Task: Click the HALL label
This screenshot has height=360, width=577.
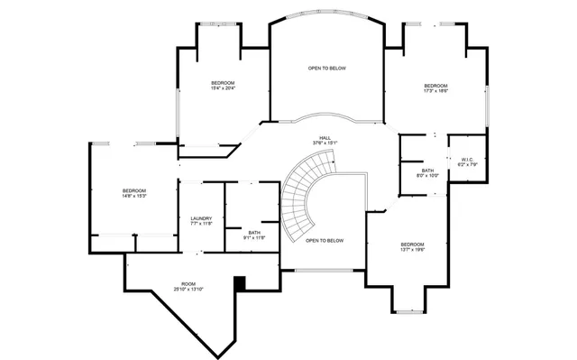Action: [325, 137]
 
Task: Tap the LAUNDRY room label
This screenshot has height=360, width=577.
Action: [201, 218]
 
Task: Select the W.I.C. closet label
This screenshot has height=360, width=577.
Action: [466, 160]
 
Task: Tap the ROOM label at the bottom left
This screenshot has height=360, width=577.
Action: [188, 283]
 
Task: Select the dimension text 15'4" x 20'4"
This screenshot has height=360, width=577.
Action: [224, 88]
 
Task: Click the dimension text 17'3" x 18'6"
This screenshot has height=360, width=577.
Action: [436, 90]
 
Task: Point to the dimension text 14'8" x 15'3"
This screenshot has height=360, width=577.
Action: [134, 196]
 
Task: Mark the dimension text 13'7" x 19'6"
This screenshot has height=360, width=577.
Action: [413, 251]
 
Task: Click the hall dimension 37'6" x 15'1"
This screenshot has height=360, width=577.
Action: [325, 143]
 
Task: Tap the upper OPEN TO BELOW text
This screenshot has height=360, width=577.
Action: [326, 69]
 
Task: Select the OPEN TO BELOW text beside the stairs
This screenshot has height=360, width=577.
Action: [325, 241]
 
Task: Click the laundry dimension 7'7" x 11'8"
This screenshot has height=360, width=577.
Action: [201, 224]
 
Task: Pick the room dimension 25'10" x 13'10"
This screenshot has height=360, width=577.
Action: [188, 290]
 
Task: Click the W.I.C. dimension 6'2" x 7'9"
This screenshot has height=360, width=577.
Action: [466, 165]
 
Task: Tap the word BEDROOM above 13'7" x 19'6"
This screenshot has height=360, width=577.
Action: [413, 245]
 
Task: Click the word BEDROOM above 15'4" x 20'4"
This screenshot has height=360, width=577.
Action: [224, 82]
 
